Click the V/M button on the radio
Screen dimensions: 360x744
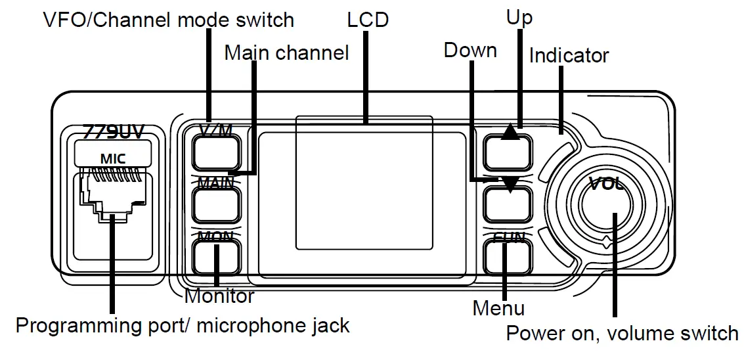pos(215,150)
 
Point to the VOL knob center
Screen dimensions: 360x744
pos(603,204)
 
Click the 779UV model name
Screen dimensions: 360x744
pos(113,131)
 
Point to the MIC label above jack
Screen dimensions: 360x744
pos(113,157)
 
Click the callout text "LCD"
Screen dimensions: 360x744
pos(368,20)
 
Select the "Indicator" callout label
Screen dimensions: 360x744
pos(569,55)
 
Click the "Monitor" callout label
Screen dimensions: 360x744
pos(219,296)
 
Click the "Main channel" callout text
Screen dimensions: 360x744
pos(286,53)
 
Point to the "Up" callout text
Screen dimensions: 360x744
pos(519,17)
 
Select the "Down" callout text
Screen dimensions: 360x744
pos(470,51)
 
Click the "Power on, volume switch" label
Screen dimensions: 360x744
pos(622,333)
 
